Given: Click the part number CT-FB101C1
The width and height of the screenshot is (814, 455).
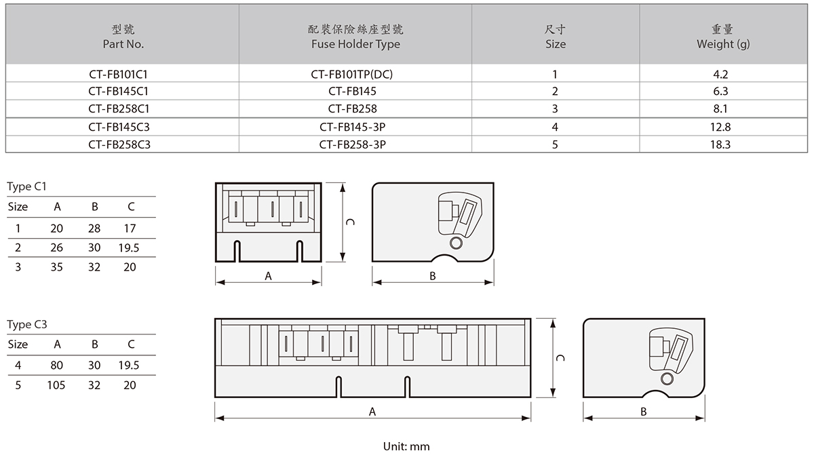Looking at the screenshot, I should coord(122,74).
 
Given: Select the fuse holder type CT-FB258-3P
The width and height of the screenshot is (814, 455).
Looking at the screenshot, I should coord(355,144).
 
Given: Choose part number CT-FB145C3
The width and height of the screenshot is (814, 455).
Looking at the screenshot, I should coord(122,127).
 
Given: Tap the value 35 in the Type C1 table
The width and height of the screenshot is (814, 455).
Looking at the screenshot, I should coord(56,267).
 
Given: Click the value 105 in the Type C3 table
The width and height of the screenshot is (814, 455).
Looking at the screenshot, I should coord(56,385).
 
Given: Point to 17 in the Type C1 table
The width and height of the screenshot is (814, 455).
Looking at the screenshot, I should coord(130,229).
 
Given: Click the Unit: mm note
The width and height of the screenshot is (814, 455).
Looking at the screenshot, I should coord(406,446).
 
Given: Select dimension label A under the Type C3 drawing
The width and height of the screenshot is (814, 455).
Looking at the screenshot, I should coord(372,411).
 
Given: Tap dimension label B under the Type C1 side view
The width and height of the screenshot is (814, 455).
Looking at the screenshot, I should coord(433,275).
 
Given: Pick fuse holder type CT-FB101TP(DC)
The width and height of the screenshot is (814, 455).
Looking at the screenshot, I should coord(355,74).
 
